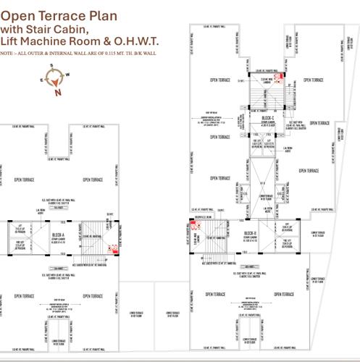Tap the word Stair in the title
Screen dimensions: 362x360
pyautogui.click(x=43, y=28)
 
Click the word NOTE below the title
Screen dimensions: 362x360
pyautogui.click(x=7, y=54)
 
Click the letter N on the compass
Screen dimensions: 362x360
pyautogui.click(x=57, y=93)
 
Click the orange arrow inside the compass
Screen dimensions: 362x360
pyautogui.click(x=55, y=80)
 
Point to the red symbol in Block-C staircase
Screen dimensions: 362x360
pyautogui.click(x=277, y=77)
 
